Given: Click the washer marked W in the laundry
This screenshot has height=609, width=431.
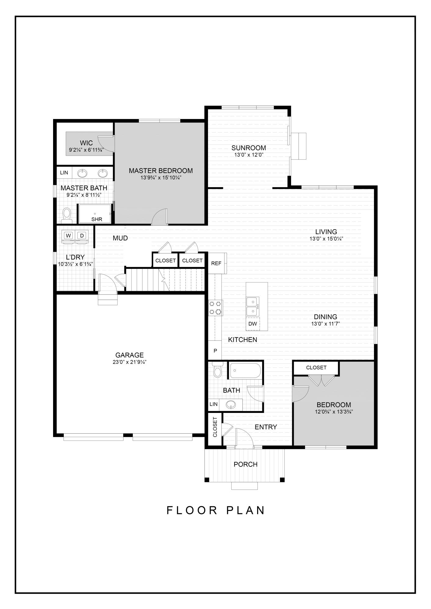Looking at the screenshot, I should (69, 235).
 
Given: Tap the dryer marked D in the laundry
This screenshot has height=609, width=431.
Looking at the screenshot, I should (81, 235).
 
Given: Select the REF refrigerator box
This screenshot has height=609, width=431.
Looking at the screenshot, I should (216, 263).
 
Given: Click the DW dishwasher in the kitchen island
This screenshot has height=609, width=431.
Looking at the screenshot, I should (253, 324).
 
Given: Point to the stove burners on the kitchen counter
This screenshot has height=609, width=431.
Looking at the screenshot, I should (215, 308).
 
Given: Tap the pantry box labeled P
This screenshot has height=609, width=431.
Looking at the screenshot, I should (215, 351).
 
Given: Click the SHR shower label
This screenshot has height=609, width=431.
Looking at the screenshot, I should (97, 219).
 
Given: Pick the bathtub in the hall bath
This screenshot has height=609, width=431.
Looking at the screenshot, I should (245, 371).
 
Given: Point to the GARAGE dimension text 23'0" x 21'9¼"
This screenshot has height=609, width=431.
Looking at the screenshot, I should (129, 362).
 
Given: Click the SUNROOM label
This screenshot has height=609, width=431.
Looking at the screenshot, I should (249, 148).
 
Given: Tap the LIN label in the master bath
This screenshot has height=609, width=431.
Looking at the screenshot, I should (64, 173).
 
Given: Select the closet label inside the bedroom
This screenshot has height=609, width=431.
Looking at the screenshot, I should (316, 368).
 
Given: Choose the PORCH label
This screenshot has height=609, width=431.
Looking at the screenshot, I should (246, 464).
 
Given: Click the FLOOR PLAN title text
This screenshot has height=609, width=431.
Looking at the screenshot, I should (216, 510).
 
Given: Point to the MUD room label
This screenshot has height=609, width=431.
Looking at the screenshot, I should (120, 238).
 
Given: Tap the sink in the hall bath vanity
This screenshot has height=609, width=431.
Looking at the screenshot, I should (231, 405).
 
